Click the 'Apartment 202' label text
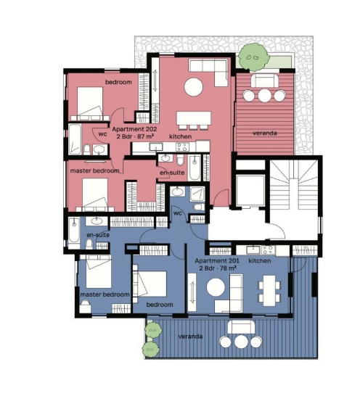[x=134, y=129]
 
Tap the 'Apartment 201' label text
[x=217, y=260]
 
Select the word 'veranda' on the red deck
[x=265, y=133]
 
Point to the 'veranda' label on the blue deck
[x=190, y=337]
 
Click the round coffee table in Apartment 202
[x=194, y=87]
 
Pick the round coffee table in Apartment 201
[x=216, y=287]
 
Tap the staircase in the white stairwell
[x=294, y=184]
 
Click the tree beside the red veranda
[x=253, y=57]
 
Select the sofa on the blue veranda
[x=241, y=326]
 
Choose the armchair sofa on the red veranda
[x=265, y=81]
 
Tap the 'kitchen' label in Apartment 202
[x=180, y=136]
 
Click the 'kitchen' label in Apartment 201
[x=260, y=260]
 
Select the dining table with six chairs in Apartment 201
[x=269, y=290]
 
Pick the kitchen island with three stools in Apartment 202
[x=194, y=120]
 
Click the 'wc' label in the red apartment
[x=102, y=134]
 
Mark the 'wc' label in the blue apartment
[x=178, y=213]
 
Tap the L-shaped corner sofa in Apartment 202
[x=208, y=73]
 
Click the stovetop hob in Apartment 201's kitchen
[x=268, y=250]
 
